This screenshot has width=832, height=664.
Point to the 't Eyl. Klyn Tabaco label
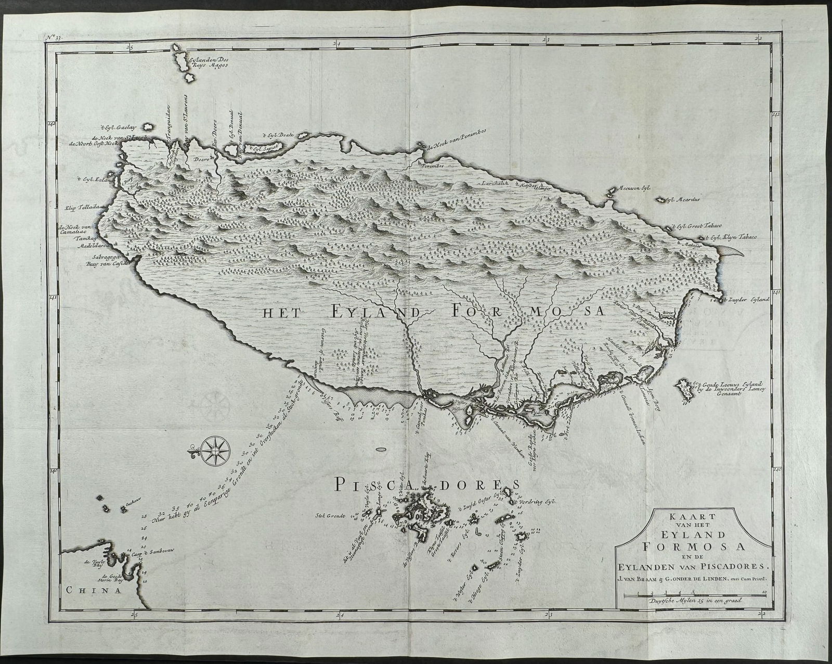click(x=730, y=237)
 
